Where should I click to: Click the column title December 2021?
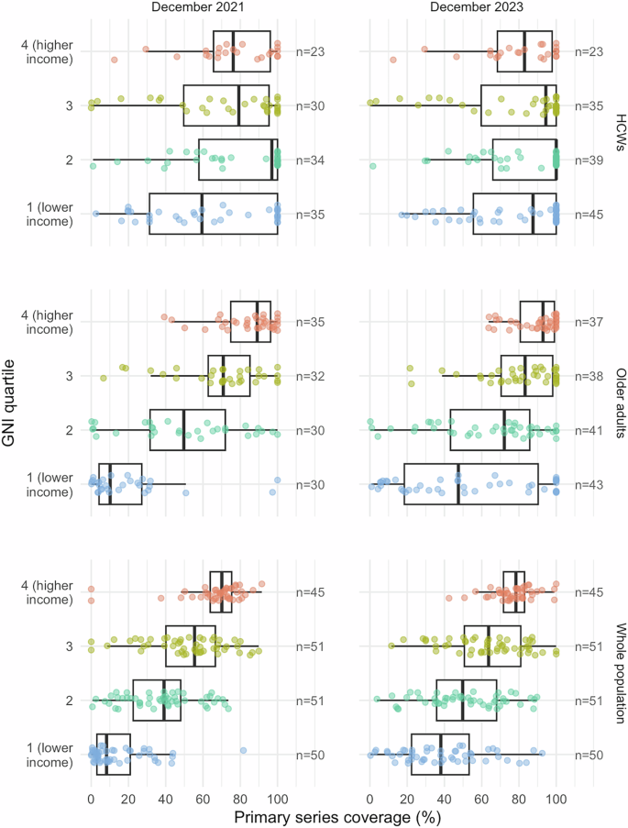[x=184, y=7]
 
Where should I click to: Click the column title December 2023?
[x=463, y=7]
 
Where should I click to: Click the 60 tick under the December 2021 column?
[x=203, y=798]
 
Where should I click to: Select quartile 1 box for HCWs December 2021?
[x=213, y=214]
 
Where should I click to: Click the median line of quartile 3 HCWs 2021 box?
[x=239, y=105]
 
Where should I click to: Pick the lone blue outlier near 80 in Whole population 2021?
[x=244, y=750]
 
